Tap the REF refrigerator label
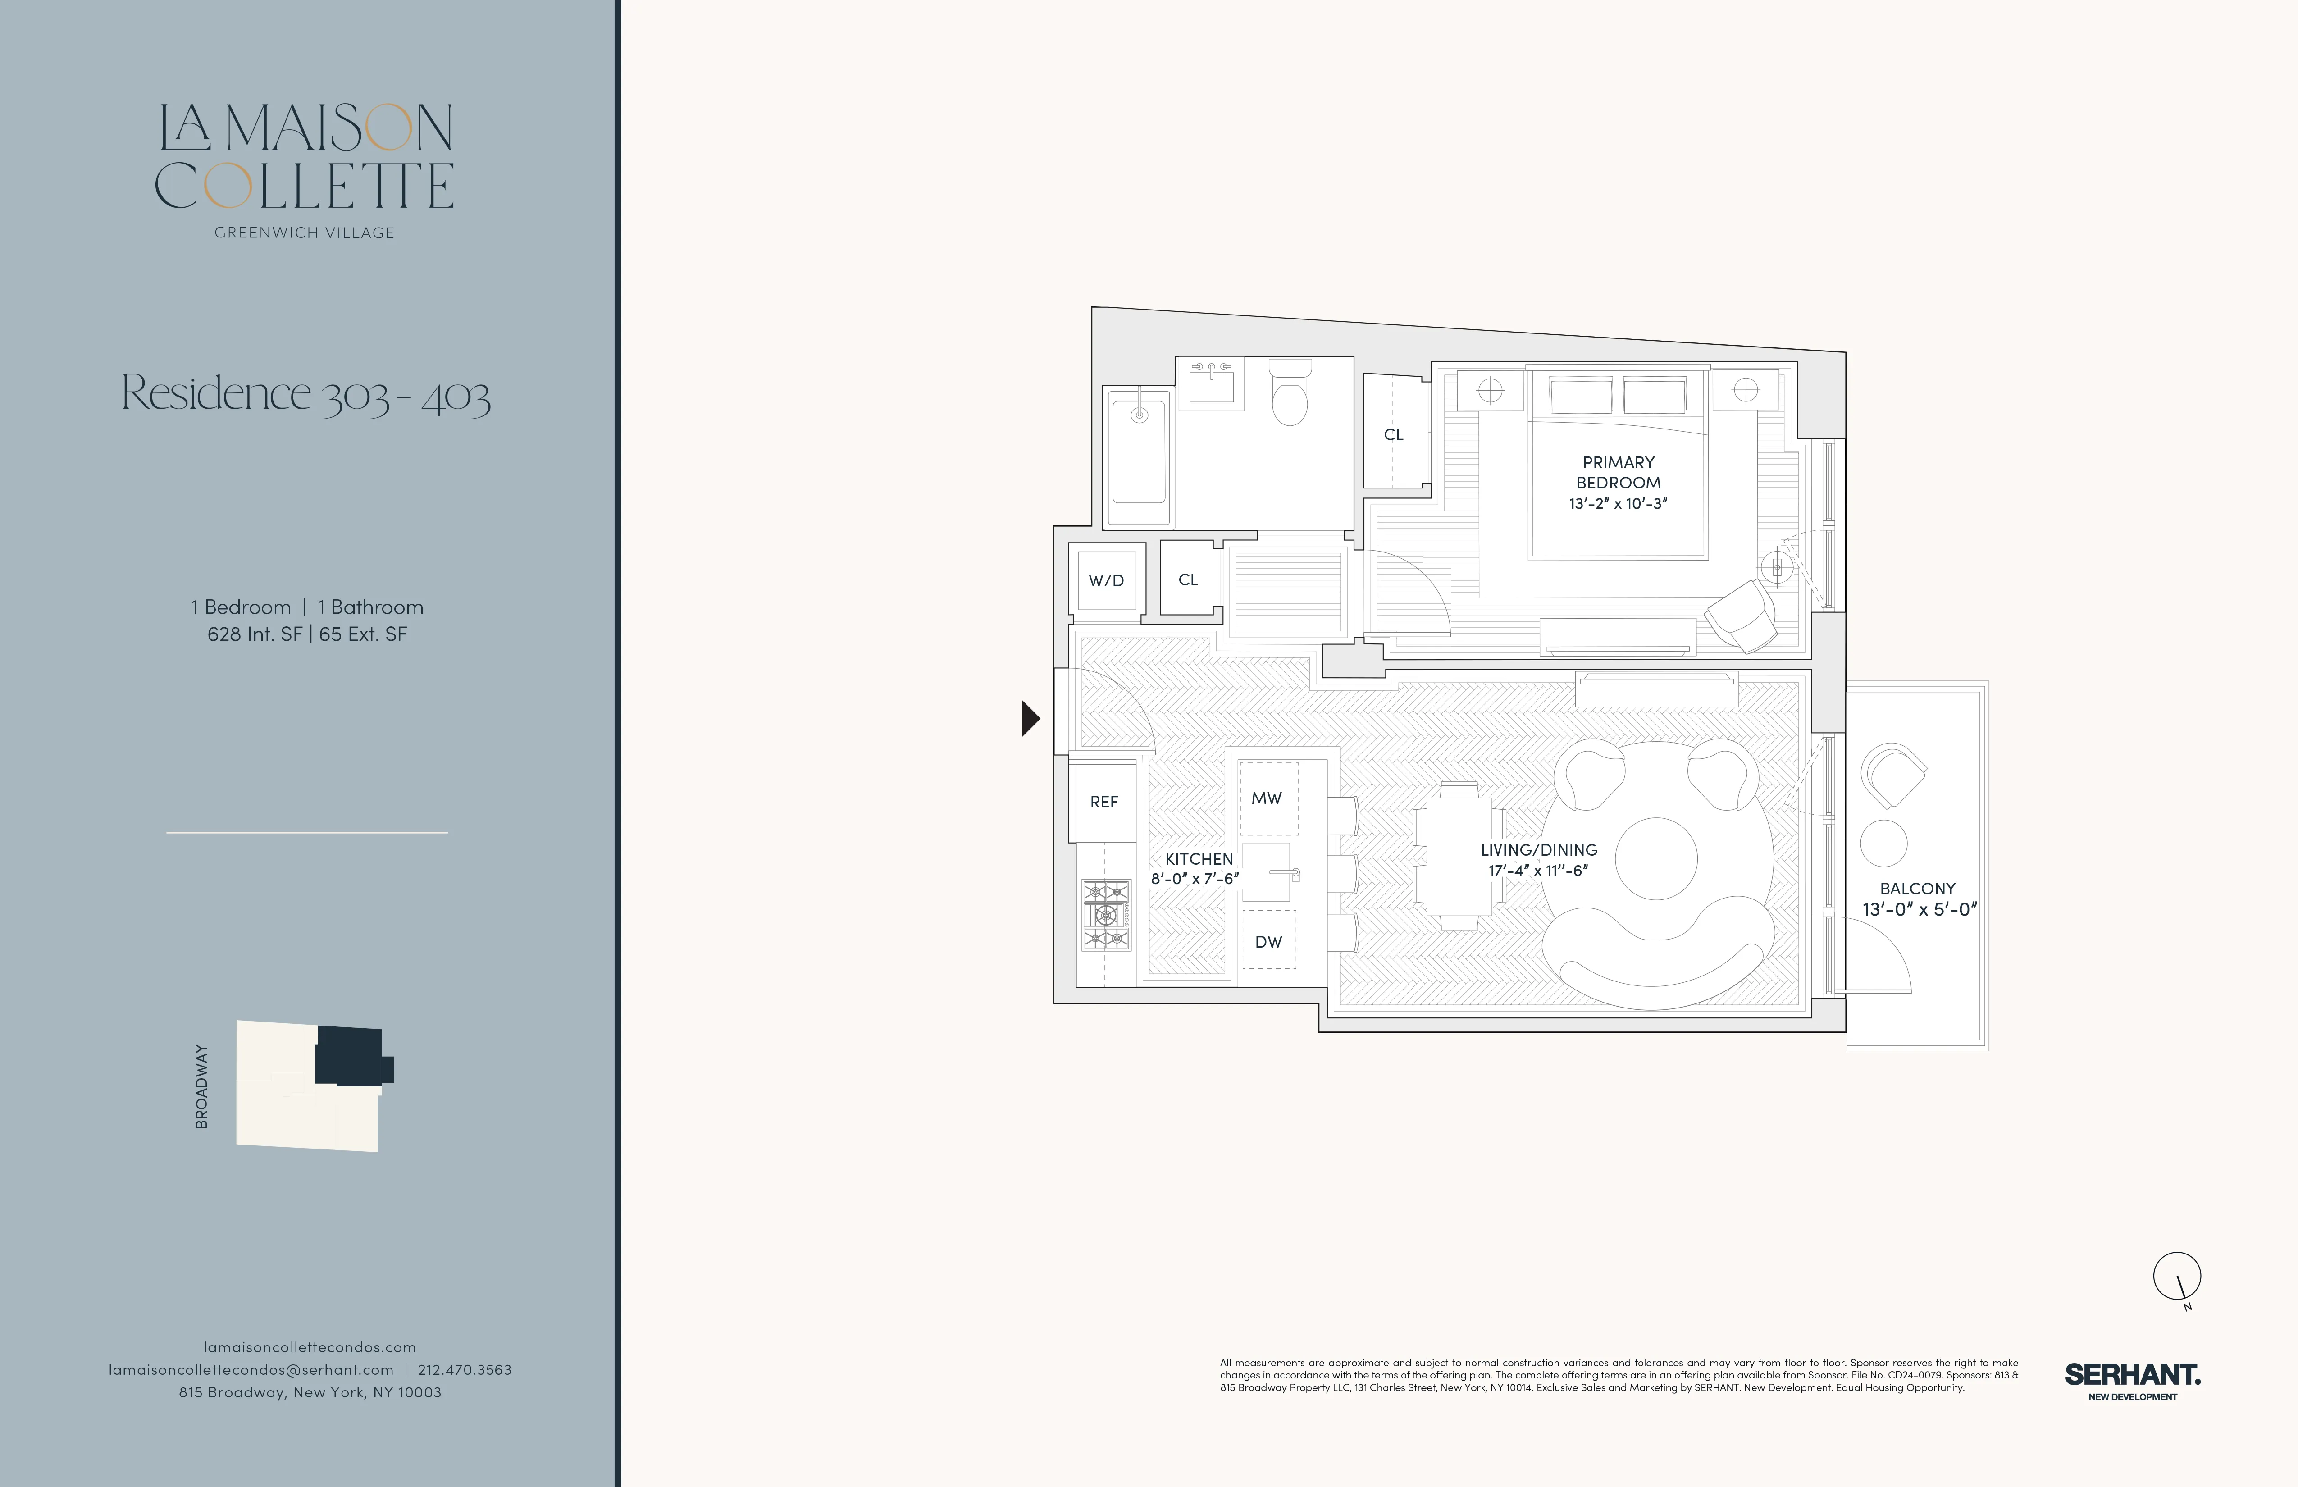click(1103, 802)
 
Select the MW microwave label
click(1267, 798)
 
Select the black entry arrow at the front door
click(1030, 718)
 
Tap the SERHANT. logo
click(2132, 1375)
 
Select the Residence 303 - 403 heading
click(306, 394)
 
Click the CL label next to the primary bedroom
click(1393, 434)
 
